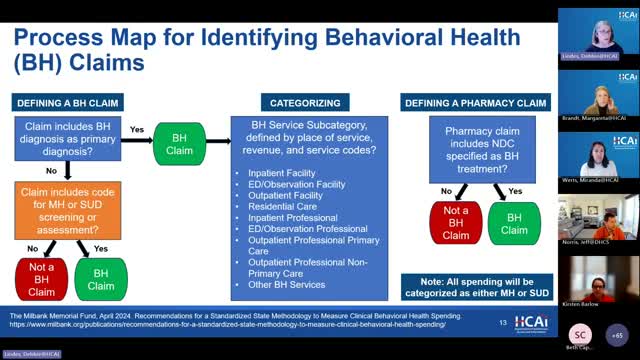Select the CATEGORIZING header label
coord(305,102)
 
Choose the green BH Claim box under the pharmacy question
coord(514,222)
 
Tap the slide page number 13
coord(503,322)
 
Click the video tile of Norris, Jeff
coord(599,219)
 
